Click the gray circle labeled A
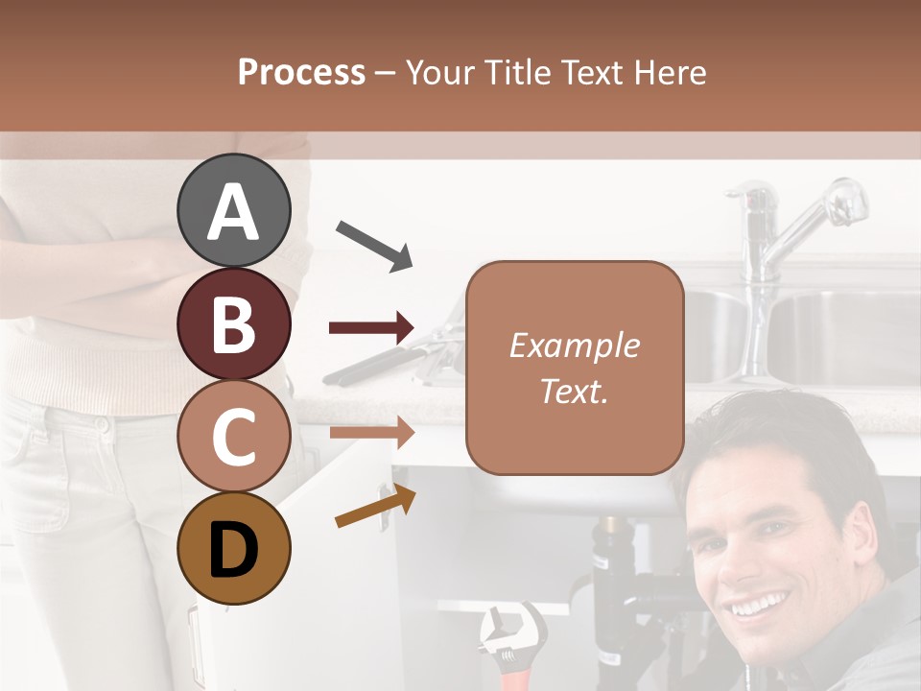pos(234,211)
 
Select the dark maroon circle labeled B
pos(234,323)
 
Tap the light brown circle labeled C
pos(234,436)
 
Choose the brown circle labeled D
pos(234,548)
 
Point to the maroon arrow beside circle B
pos(371,328)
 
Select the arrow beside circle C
pos(371,432)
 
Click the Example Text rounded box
pos(575,368)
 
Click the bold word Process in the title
pos(301,72)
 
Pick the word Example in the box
pos(575,345)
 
